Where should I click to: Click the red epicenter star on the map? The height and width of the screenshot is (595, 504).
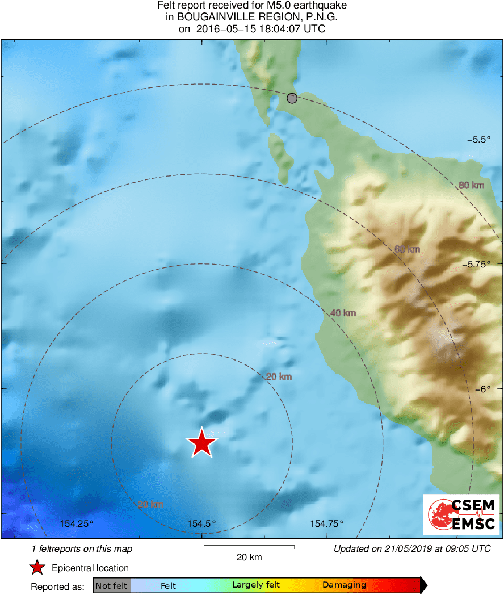coord(201,443)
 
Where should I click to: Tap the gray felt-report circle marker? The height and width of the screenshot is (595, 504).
coord(292,98)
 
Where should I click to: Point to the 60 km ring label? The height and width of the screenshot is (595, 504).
coord(407,249)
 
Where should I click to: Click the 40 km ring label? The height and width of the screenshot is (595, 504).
coord(343,313)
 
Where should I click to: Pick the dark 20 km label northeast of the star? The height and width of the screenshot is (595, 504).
coord(279,376)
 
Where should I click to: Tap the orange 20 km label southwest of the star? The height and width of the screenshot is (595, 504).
coord(150,504)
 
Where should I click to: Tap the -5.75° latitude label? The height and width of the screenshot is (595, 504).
coord(475,264)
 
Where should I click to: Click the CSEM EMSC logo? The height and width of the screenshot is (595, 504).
coord(461,514)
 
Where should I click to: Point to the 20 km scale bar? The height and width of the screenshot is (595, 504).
coord(249,547)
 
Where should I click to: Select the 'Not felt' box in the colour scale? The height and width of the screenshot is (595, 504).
coord(111,585)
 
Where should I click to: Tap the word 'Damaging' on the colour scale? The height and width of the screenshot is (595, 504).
coord(344,585)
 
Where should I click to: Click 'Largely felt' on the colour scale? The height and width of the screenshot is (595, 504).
coord(256,585)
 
